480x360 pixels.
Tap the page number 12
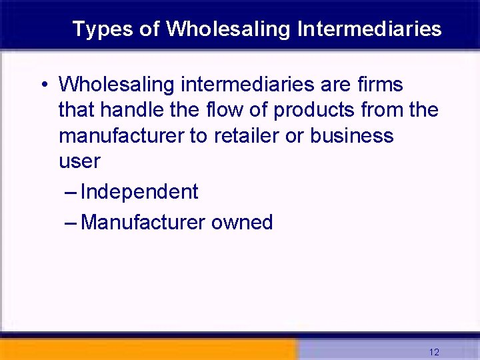(434, 352)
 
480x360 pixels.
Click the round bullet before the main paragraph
(42, 85)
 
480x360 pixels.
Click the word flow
(228, 110)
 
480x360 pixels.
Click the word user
(79, 161)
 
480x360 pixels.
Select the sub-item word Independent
(139, 193)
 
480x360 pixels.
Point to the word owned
(242, 222)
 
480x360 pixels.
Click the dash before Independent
(71, 193)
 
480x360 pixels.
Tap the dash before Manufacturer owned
(71, 222)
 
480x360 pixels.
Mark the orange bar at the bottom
(147, 350)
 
